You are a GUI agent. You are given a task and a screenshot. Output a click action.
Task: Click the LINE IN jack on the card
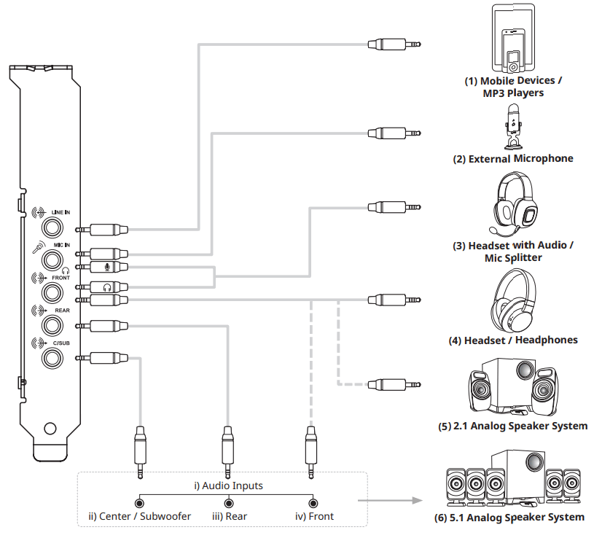pyautogui.click(x=53, y=223)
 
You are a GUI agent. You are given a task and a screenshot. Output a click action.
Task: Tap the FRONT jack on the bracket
pyautogui.click(x=53, y=292)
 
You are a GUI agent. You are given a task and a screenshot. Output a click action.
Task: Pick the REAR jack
pyautogui.click(x=53, y=324)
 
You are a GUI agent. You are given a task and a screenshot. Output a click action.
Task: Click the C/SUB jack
pyautogui.click(x=53, y=357)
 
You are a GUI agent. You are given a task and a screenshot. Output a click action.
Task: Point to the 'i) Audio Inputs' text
pyautogui.click(x=227, y=486)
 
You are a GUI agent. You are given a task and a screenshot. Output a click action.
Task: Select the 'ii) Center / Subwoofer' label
pyautogui.click(x=139, y=516)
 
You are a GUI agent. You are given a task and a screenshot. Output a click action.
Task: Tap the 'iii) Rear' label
pyautogui.click(x=229, y=516)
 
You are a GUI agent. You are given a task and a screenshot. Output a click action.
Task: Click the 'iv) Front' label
pyautogui.click(x=313, y=516)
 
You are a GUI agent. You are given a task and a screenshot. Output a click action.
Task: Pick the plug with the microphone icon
pyautogui.click(x=108, y=268)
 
